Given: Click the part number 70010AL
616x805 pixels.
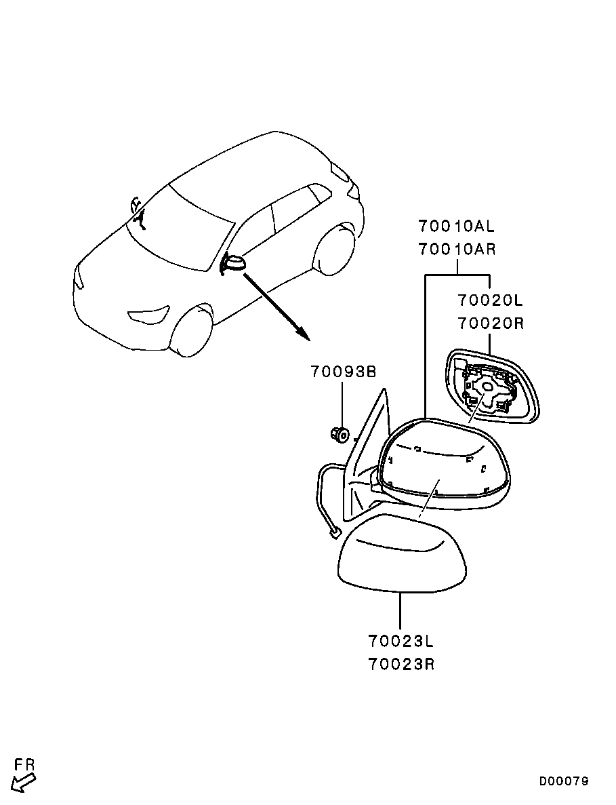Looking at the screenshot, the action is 457,226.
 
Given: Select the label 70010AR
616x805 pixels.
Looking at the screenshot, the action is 457,250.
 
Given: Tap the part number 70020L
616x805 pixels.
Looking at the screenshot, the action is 491,300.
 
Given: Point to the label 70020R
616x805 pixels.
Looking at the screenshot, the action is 491,323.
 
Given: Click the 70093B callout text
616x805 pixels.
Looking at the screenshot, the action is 344,372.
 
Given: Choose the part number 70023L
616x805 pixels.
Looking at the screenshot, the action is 401,642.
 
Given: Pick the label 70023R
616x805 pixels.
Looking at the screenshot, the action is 401,665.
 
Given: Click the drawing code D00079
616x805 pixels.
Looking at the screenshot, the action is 564,781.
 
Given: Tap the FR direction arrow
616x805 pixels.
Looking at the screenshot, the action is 23,783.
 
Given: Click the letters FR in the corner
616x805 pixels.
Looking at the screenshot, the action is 24,764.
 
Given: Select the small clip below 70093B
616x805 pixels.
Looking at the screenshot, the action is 339,434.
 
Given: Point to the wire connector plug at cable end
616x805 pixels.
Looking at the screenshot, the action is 335,534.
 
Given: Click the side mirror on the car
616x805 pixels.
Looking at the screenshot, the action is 233,263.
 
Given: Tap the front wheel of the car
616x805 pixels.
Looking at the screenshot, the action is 192,331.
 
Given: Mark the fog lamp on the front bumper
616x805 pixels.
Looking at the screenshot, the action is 148,314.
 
